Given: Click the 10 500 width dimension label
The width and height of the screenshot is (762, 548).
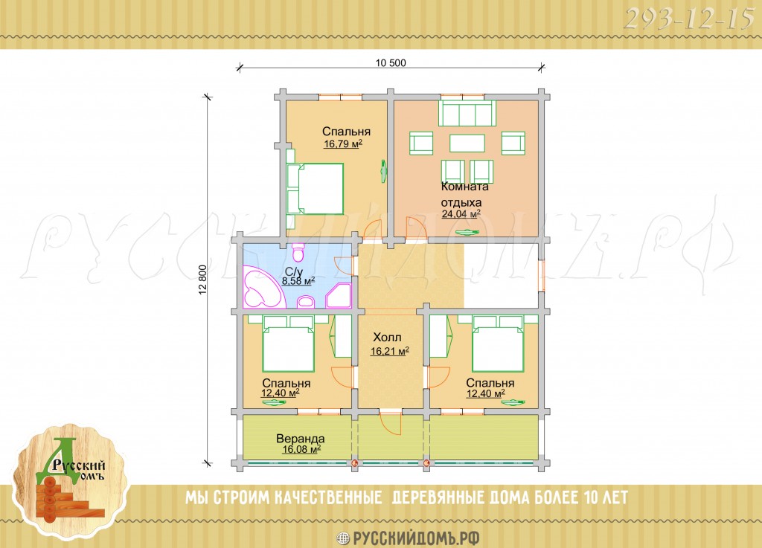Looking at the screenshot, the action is (x=391, y=63).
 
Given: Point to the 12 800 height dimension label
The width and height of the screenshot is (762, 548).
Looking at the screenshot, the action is (x=203, y=280).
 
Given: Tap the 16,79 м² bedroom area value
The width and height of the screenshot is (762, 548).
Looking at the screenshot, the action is (x=343, y=144).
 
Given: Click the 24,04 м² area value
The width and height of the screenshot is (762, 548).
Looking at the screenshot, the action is (x=461, y=213).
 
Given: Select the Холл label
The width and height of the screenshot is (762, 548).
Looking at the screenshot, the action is (x=387, y=338).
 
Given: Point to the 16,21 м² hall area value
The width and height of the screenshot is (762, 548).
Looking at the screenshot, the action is (x=389, y=351).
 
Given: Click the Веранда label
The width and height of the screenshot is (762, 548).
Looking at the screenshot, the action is (x=301, y=439).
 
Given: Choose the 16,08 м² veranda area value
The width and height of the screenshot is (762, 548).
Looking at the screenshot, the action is (x=301, y=449).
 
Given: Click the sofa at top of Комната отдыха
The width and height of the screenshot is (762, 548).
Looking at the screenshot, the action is (x=467, y=113).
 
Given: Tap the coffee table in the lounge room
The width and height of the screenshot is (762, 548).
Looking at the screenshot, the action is (x=467, y=144).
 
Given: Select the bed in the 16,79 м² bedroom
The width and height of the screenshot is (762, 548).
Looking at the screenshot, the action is (x=315, y=189).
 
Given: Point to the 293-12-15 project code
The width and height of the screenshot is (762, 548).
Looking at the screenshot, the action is (x=688, y=20).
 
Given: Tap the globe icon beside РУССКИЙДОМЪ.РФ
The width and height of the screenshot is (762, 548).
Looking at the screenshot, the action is (x=343, y=538).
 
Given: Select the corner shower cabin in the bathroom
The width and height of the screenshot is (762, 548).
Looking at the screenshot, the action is (x=339, y=297).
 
